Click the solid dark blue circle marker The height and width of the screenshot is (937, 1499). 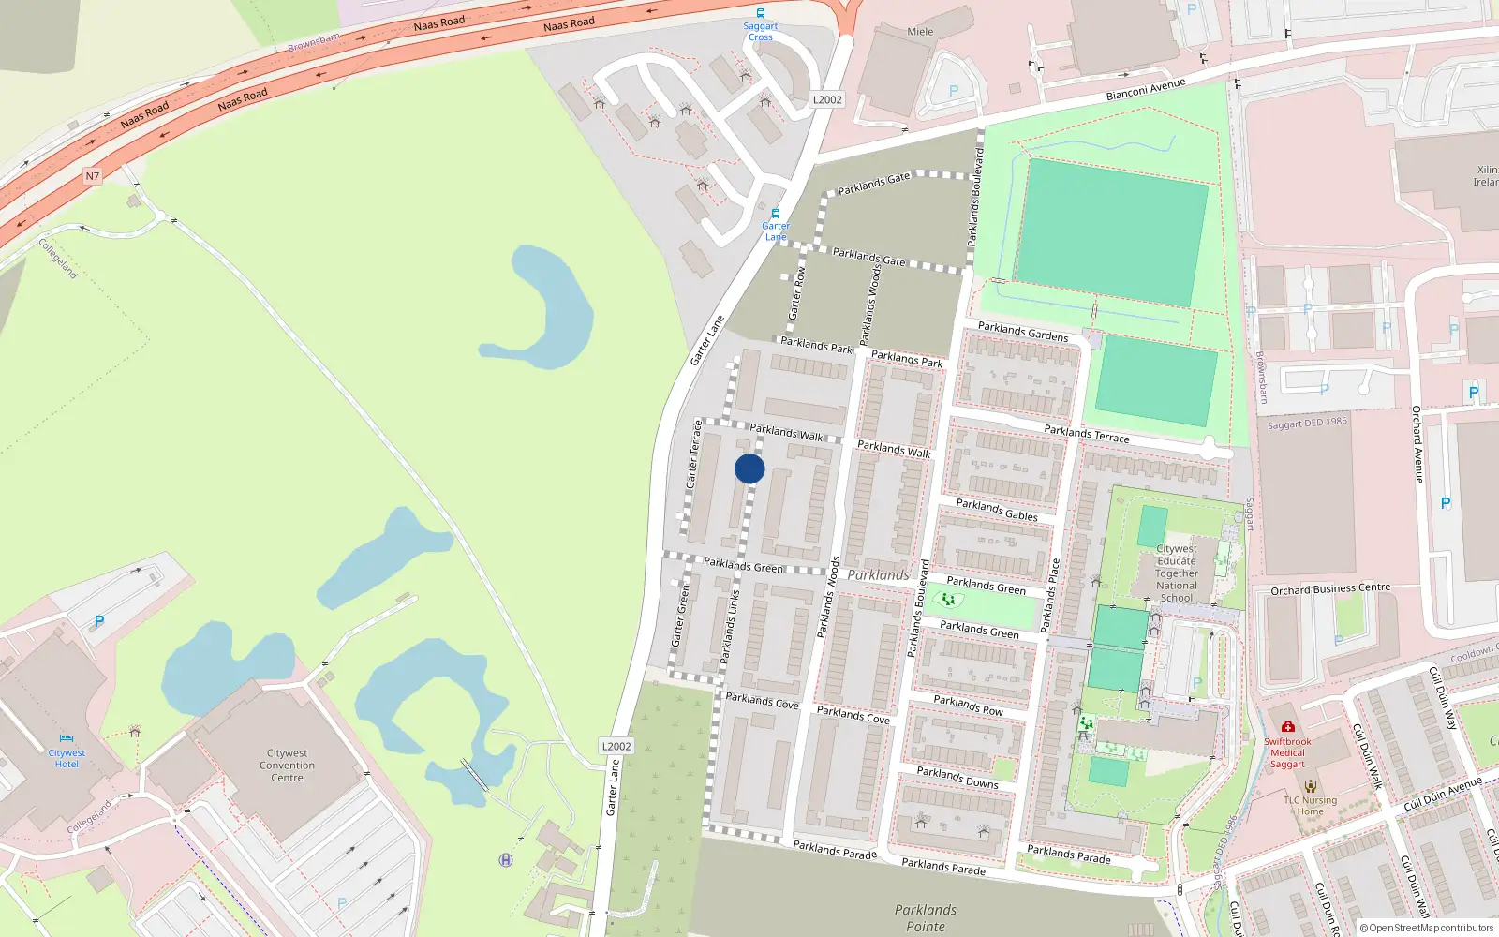[x=749, y=468]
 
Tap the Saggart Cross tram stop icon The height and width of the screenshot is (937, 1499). [x=761, y=13]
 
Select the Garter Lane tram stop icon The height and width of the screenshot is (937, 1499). [x=776, y=214]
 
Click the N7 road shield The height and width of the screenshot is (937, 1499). [x=92, y=176]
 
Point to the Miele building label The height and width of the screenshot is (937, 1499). [x=920, y=32]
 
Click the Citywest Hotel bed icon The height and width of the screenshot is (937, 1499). [x=67, y=738]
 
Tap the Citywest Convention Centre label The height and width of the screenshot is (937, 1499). [x=287, y=766]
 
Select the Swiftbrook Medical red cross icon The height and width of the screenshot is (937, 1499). [x=1288, y=727]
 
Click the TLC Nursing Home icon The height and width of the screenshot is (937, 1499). [x=1311, y=786]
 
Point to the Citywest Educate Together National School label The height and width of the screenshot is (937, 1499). [x=1177, y=573]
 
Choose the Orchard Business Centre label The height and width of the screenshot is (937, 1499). [x=1330, y=588]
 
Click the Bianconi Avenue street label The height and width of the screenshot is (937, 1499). [x=1146, y=89]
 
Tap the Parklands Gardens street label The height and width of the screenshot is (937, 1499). [x=1023, y=331]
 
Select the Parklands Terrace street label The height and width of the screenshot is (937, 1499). [x=1087, y=433]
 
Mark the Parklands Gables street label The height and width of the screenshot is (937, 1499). [x=997, y=510]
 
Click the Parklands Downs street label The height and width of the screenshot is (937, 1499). [x=957, y=778]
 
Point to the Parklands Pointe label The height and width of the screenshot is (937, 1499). [x=926, y=918]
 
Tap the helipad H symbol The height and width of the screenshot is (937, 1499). [x=506, y=860]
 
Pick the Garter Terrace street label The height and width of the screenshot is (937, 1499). [x=694, y=454]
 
